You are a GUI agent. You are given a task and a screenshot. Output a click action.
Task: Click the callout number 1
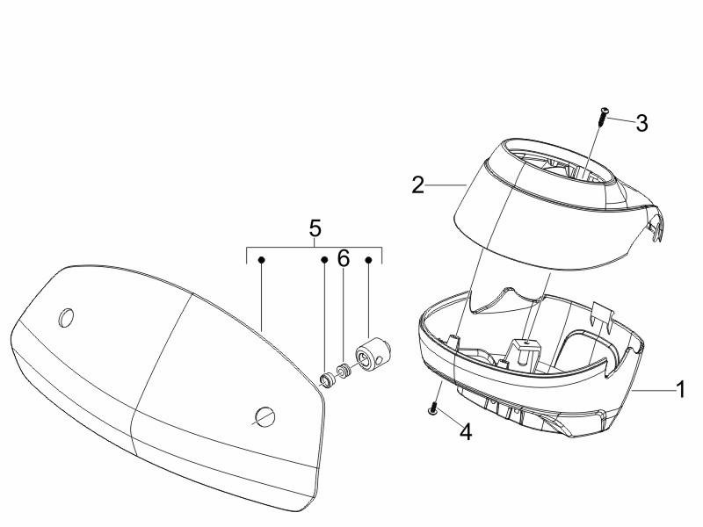click(680, 389)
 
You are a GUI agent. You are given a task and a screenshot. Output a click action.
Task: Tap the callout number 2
click(418, 185)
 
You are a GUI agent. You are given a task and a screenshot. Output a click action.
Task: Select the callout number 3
click(642, 123)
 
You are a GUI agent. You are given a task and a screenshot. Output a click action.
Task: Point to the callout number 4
click(467, 432)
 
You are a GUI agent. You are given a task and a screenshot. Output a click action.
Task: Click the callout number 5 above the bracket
click(315, 228)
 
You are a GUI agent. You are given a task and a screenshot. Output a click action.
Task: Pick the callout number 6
click(344, 258)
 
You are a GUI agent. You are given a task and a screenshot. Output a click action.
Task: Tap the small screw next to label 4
click(433, 408)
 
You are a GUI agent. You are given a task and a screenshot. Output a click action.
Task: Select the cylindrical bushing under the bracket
click(373, 354)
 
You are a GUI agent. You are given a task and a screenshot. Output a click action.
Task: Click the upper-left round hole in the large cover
click(66, 318)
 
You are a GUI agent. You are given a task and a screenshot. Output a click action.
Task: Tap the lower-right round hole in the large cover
click(265, 416)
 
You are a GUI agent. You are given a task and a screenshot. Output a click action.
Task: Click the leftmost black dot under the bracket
click(261, 260)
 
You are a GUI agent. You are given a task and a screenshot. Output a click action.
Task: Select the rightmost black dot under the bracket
click(368, 260)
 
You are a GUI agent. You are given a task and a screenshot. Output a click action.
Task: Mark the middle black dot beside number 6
click(324, 260)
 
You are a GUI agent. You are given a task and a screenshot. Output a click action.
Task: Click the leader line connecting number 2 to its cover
click(446, 184)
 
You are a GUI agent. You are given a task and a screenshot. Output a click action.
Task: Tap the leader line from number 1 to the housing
click(654, 391)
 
